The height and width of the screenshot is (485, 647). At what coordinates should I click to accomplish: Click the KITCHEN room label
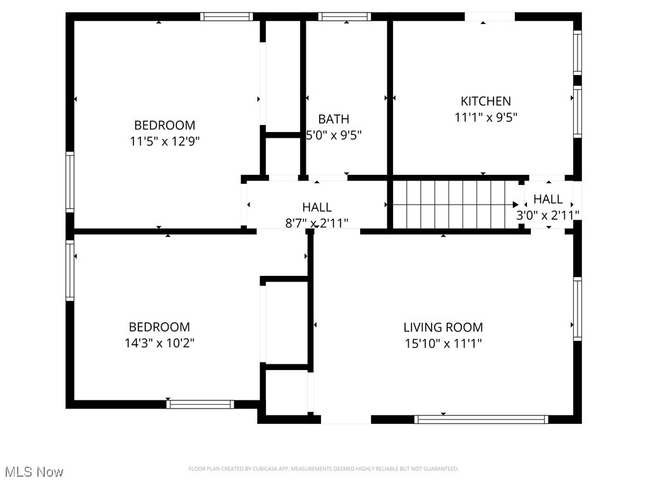click(x=485, y=101)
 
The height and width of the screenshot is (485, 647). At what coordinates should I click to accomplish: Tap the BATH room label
click(x=334, y=119)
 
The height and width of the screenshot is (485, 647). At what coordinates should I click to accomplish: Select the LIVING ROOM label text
click(x=443, y=327)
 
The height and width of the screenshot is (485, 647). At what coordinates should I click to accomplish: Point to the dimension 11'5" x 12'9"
click(x=165, y=141)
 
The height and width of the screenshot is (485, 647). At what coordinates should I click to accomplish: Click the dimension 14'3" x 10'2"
click(x=159, y=344)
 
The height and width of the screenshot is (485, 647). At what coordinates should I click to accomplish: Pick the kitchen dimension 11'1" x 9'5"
click(x=485, y=117)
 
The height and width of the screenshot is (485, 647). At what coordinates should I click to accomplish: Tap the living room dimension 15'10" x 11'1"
click(x=443, y=344)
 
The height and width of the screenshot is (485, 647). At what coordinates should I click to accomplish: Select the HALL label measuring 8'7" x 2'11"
click(x=317, y=207)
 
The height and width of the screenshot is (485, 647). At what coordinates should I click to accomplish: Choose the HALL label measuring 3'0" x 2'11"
click(x=548, y=200)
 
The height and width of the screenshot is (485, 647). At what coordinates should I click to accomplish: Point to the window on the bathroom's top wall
click(x=344, y=17)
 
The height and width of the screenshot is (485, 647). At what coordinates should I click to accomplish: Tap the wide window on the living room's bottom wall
click(x=481, y=419)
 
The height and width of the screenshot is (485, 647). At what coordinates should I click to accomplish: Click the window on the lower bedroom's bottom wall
click(x=200, y=404)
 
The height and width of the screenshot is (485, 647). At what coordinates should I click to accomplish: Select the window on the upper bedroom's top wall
click(x=226, y=17)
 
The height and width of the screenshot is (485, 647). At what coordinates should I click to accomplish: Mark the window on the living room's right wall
click(x=577, y=308)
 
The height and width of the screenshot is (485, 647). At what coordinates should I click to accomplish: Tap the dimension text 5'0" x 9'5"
click(x=334, y=135)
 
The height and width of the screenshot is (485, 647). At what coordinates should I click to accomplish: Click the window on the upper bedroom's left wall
click(x=70, y=182)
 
